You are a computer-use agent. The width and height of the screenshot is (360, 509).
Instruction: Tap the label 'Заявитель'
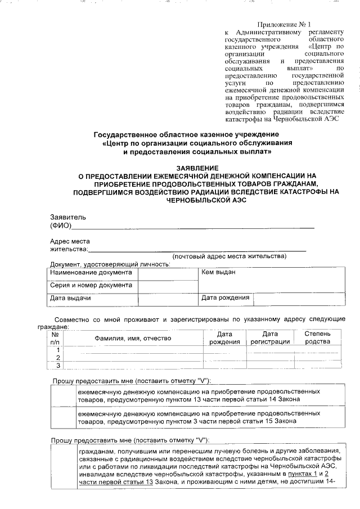[68, 217]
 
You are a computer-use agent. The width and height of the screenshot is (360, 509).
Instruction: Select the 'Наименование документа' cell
[91, 272]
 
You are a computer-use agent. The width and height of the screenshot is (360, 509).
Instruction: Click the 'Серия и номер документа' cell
[91, 285]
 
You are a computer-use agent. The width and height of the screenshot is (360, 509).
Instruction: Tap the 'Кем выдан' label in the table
[218, 272]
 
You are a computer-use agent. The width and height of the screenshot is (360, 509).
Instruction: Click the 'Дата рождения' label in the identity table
[225, 298]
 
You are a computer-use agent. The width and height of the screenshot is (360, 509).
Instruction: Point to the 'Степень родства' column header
[317, 338]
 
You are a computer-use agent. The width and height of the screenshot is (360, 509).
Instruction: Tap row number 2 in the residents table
[57, 358]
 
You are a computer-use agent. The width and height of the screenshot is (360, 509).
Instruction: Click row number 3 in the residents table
[57, 366]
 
